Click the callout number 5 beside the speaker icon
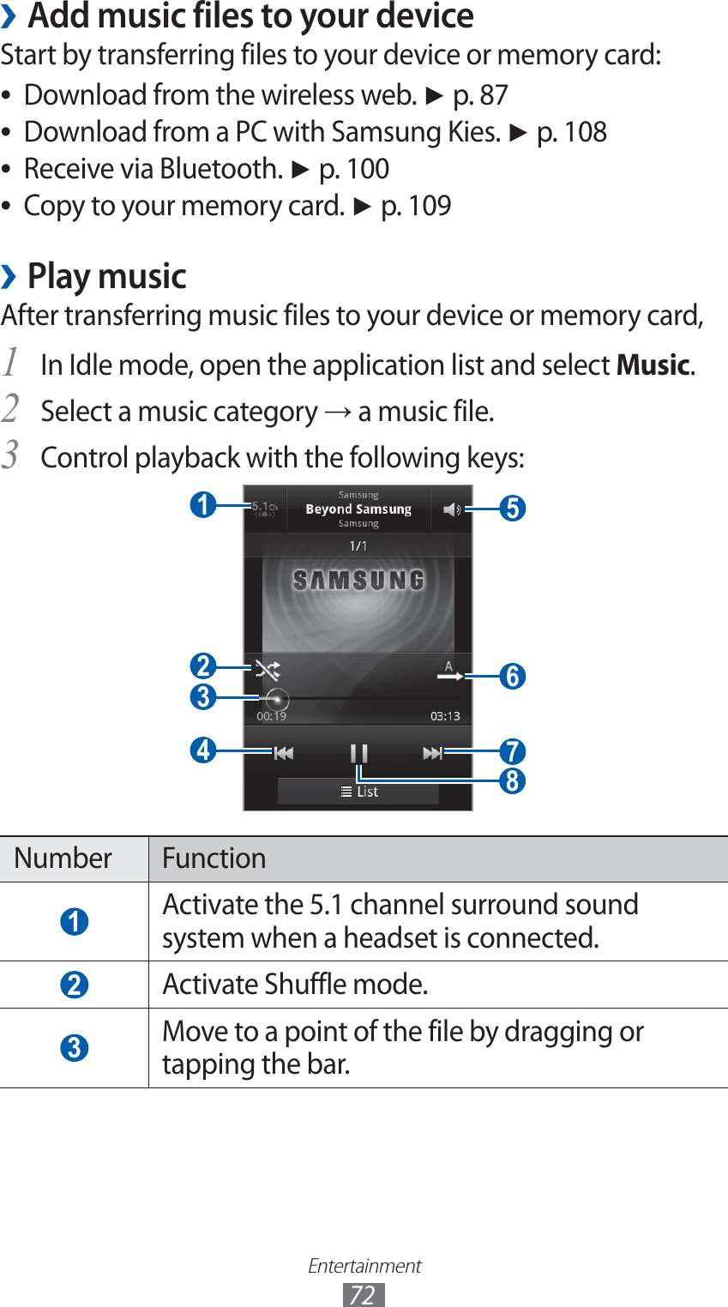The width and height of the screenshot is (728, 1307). (x=512, y=509)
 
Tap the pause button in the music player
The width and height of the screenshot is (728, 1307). (x=358, y=753)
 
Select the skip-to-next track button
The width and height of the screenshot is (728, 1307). (x=432, y=753)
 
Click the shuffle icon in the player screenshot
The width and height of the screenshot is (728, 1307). (x=268, y=669)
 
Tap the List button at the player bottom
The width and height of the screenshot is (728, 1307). (x=358, y=792)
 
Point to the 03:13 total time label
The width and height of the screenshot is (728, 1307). (x=445, y=716)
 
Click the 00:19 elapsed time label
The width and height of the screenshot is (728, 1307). (x=272, y=716)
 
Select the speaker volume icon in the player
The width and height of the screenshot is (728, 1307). (x=452, y=509)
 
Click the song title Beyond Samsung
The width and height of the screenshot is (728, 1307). (x=358, y=509)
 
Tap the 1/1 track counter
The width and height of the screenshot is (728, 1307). (x=358, y=545)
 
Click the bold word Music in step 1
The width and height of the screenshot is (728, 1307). (x=653, y=365)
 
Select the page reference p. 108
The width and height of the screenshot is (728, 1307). (x=572, y=132)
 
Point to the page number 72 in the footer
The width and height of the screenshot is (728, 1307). (x=364, y=1294)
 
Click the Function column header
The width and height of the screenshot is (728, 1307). (x=214, y=858)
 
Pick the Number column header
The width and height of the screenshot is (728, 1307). (x=63, y=858)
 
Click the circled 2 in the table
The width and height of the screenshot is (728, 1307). (x=75, y=985)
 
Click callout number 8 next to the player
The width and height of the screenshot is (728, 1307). (x=512, y=781)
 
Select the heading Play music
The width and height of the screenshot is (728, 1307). (x=107, y=276)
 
